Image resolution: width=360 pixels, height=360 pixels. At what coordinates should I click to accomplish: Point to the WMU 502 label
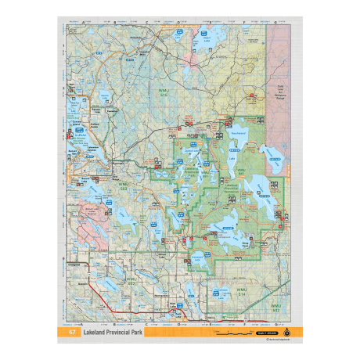[275, 307]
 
